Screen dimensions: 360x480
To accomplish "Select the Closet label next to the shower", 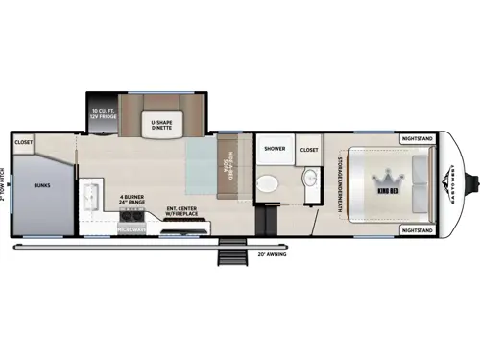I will pyautogui.click(x=308, y=150).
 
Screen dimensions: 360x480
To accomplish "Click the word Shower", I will pyautogui.click(x=274, y=150).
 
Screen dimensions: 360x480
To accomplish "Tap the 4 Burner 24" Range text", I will pyautogui.click(x=131, y=201).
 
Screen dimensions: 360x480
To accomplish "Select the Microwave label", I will pyautogui.click(x=131, y=230).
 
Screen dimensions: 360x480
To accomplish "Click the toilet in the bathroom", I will pyautogui.click(x=272, y=183).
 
